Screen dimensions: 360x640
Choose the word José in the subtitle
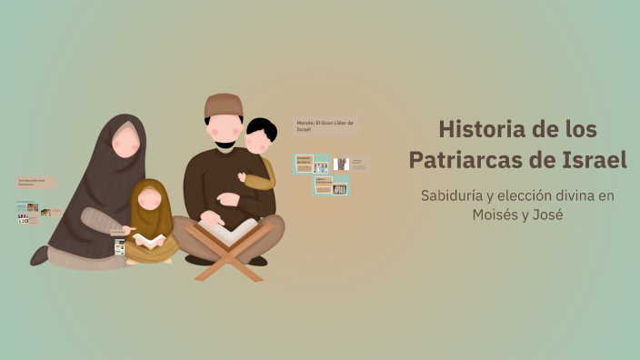[549, 215]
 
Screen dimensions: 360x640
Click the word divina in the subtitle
[571, 195]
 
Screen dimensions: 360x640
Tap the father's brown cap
[224, 105]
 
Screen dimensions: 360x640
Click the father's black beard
[224, 144]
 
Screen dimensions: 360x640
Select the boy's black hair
[262, 128]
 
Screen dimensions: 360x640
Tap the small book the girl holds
[149, 240]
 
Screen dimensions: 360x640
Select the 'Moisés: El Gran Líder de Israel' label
[325, 125]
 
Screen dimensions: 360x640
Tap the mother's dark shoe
[39, 255]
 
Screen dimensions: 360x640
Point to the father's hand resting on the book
[211, 218]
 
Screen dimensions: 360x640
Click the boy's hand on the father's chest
[243, 178]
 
